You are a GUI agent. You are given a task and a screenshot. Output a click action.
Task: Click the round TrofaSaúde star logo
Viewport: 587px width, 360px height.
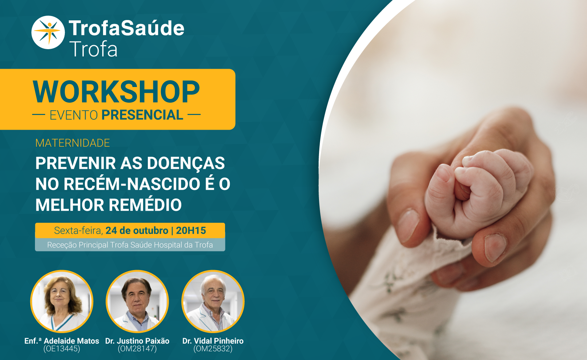coord(48,32)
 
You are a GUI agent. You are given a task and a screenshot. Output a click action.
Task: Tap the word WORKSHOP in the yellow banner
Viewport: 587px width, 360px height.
coord(117,92)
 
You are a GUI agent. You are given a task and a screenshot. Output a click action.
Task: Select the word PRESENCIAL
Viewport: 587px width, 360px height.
coord(142,115)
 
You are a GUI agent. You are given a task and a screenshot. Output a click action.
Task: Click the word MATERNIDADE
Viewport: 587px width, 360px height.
coord(72,143)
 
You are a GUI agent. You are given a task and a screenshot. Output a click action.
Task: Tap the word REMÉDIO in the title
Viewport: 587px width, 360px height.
coord(145,205)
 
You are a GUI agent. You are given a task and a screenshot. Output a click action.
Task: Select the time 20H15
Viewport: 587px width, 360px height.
coord(191,230)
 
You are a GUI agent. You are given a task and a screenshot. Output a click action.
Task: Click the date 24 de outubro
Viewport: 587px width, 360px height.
coord(137,230)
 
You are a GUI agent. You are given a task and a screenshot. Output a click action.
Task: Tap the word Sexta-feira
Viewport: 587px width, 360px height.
coord(78,230)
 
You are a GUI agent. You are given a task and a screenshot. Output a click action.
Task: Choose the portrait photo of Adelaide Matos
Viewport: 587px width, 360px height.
coord(62,301)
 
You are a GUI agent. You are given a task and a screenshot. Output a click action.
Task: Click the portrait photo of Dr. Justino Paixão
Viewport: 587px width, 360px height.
coord(137,301)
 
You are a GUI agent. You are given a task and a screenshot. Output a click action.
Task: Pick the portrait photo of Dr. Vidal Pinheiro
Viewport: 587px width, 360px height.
coord(213,301)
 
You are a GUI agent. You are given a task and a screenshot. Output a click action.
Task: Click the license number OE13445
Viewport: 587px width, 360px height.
coord(62,349)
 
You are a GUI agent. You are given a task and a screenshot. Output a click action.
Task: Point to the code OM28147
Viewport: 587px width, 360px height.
coord(137,349)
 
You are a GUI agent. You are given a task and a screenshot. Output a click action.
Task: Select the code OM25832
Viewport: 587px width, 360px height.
coord(213,349)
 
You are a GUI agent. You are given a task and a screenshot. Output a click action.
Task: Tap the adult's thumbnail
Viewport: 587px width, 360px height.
coord(495,248)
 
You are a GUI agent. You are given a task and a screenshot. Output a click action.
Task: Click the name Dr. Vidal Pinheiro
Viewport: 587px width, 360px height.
coord(213,341)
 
